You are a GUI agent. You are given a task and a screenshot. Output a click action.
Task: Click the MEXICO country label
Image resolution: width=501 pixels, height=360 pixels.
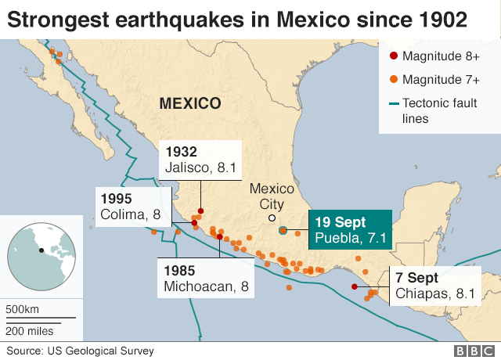[x=189, y=103]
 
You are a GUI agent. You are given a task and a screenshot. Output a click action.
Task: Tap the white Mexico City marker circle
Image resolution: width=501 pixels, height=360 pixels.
[x=272, y=218]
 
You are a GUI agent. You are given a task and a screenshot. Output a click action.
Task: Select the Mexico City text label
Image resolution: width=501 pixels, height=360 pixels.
[x=271, y=196]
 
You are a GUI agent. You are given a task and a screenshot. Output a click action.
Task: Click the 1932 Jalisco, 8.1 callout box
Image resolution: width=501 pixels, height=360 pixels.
[x=200, y=159]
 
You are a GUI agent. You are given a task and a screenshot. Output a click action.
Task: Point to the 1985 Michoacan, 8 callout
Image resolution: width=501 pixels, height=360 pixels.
[x=206, y=277]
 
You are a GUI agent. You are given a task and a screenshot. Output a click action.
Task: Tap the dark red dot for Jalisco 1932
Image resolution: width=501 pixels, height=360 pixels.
[x=200, y=211]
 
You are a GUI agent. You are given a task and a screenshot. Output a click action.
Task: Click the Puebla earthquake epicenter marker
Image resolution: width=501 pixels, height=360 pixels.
[x=283, y=230]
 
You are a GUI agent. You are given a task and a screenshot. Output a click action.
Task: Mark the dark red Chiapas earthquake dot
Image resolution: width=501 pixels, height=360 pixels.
[x=355, y=286]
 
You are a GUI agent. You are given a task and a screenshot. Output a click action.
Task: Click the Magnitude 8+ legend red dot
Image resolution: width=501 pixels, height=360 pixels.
[x=393, y=56]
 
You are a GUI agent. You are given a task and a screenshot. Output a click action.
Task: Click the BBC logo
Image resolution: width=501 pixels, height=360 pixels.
[x=472, y=351]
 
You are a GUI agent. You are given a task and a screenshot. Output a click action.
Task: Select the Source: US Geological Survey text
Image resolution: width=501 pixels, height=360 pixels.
[x=81, y=351]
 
